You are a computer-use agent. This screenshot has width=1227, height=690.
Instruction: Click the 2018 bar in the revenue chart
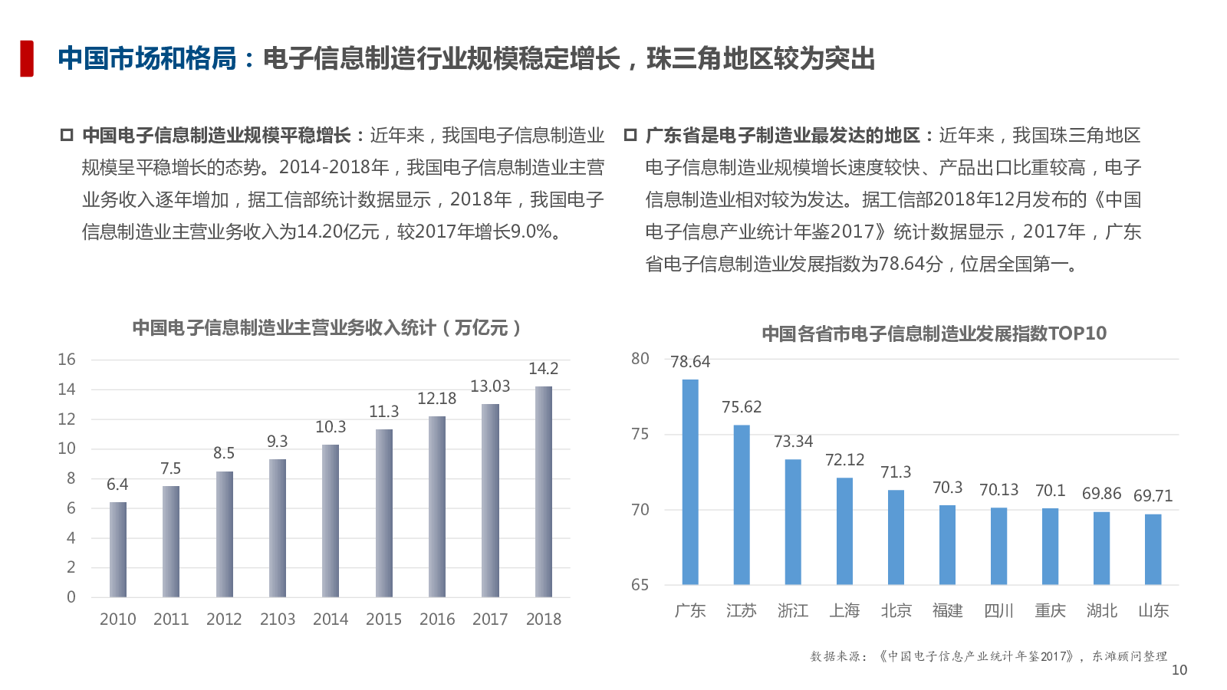point(544,491)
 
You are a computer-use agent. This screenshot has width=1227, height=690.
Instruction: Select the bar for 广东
point(690,481)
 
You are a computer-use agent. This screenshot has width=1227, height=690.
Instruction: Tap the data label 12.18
point(436,399)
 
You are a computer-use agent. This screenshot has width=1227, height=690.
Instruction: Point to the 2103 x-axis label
point(278,619)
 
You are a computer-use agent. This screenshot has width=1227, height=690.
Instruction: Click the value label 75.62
point(742,407)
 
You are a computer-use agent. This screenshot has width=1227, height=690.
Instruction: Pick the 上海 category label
point(844,611)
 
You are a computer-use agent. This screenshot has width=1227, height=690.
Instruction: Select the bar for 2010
point(118,550)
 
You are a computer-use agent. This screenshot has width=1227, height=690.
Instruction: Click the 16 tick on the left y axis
point(67,360)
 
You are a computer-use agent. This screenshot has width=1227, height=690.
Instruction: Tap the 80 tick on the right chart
point(640,359)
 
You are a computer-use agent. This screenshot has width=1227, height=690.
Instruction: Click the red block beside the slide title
point(27,58)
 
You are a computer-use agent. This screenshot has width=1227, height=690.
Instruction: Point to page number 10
point(1179,670)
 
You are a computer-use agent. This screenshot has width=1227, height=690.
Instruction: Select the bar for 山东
point(1153,549)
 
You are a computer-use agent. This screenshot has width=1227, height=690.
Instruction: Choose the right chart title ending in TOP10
point(934,333)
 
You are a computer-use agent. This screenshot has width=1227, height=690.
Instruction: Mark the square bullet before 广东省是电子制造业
point(630,136)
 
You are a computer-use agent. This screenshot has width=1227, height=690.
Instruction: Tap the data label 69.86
point(1101,494)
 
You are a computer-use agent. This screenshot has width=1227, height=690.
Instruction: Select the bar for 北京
point(896,537)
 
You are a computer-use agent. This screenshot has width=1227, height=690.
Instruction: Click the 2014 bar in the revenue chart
point(331,521)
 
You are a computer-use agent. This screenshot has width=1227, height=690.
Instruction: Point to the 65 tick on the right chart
point(640,585)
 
